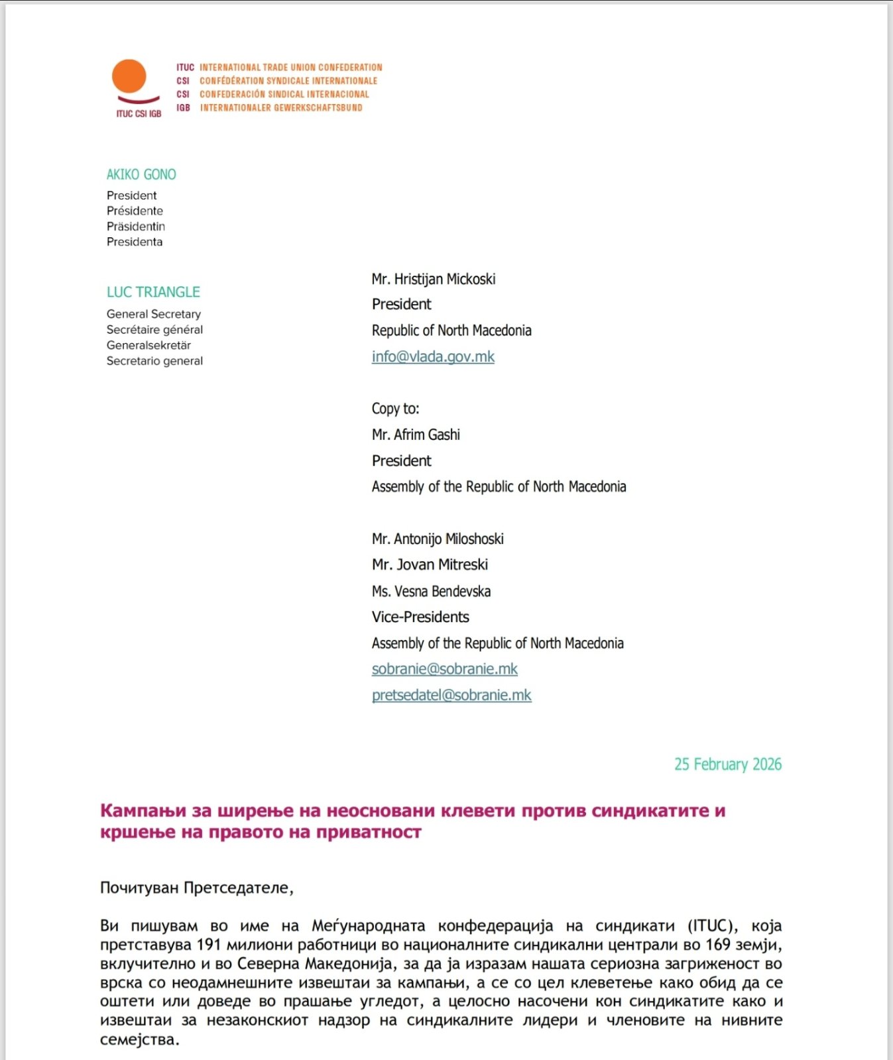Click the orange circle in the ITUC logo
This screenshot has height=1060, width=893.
tap(129, 76)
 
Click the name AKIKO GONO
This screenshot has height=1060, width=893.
tap(141, 174)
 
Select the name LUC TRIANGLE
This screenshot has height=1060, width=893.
tap(153, 292)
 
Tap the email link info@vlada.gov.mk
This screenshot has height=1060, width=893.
tap(433, 356)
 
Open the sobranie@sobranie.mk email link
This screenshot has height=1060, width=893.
tap(444, 669)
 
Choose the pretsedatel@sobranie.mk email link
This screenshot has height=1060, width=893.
tap(451, 695)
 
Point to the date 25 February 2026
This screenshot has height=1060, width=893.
tap(727, 765)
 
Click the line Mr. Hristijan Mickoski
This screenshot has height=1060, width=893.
tap(434, 279)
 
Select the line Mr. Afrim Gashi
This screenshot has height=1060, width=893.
tap(416, 435)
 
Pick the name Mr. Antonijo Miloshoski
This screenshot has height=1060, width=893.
tap(438, 539)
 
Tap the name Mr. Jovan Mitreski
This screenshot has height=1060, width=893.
tap(430, 564)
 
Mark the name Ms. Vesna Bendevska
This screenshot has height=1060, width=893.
tap(431, 591)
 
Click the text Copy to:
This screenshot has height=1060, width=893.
tap(395, 409)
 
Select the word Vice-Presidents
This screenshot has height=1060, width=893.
tap(420, 617)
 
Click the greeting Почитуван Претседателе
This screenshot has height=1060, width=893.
tap(196, 888)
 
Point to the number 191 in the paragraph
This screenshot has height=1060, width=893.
tap(208, 945)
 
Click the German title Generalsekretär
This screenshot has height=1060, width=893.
tap(149, 345)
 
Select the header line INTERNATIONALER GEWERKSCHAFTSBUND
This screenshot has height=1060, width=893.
tap(281, 107)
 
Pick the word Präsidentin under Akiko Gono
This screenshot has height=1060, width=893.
tap(136, 227)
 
